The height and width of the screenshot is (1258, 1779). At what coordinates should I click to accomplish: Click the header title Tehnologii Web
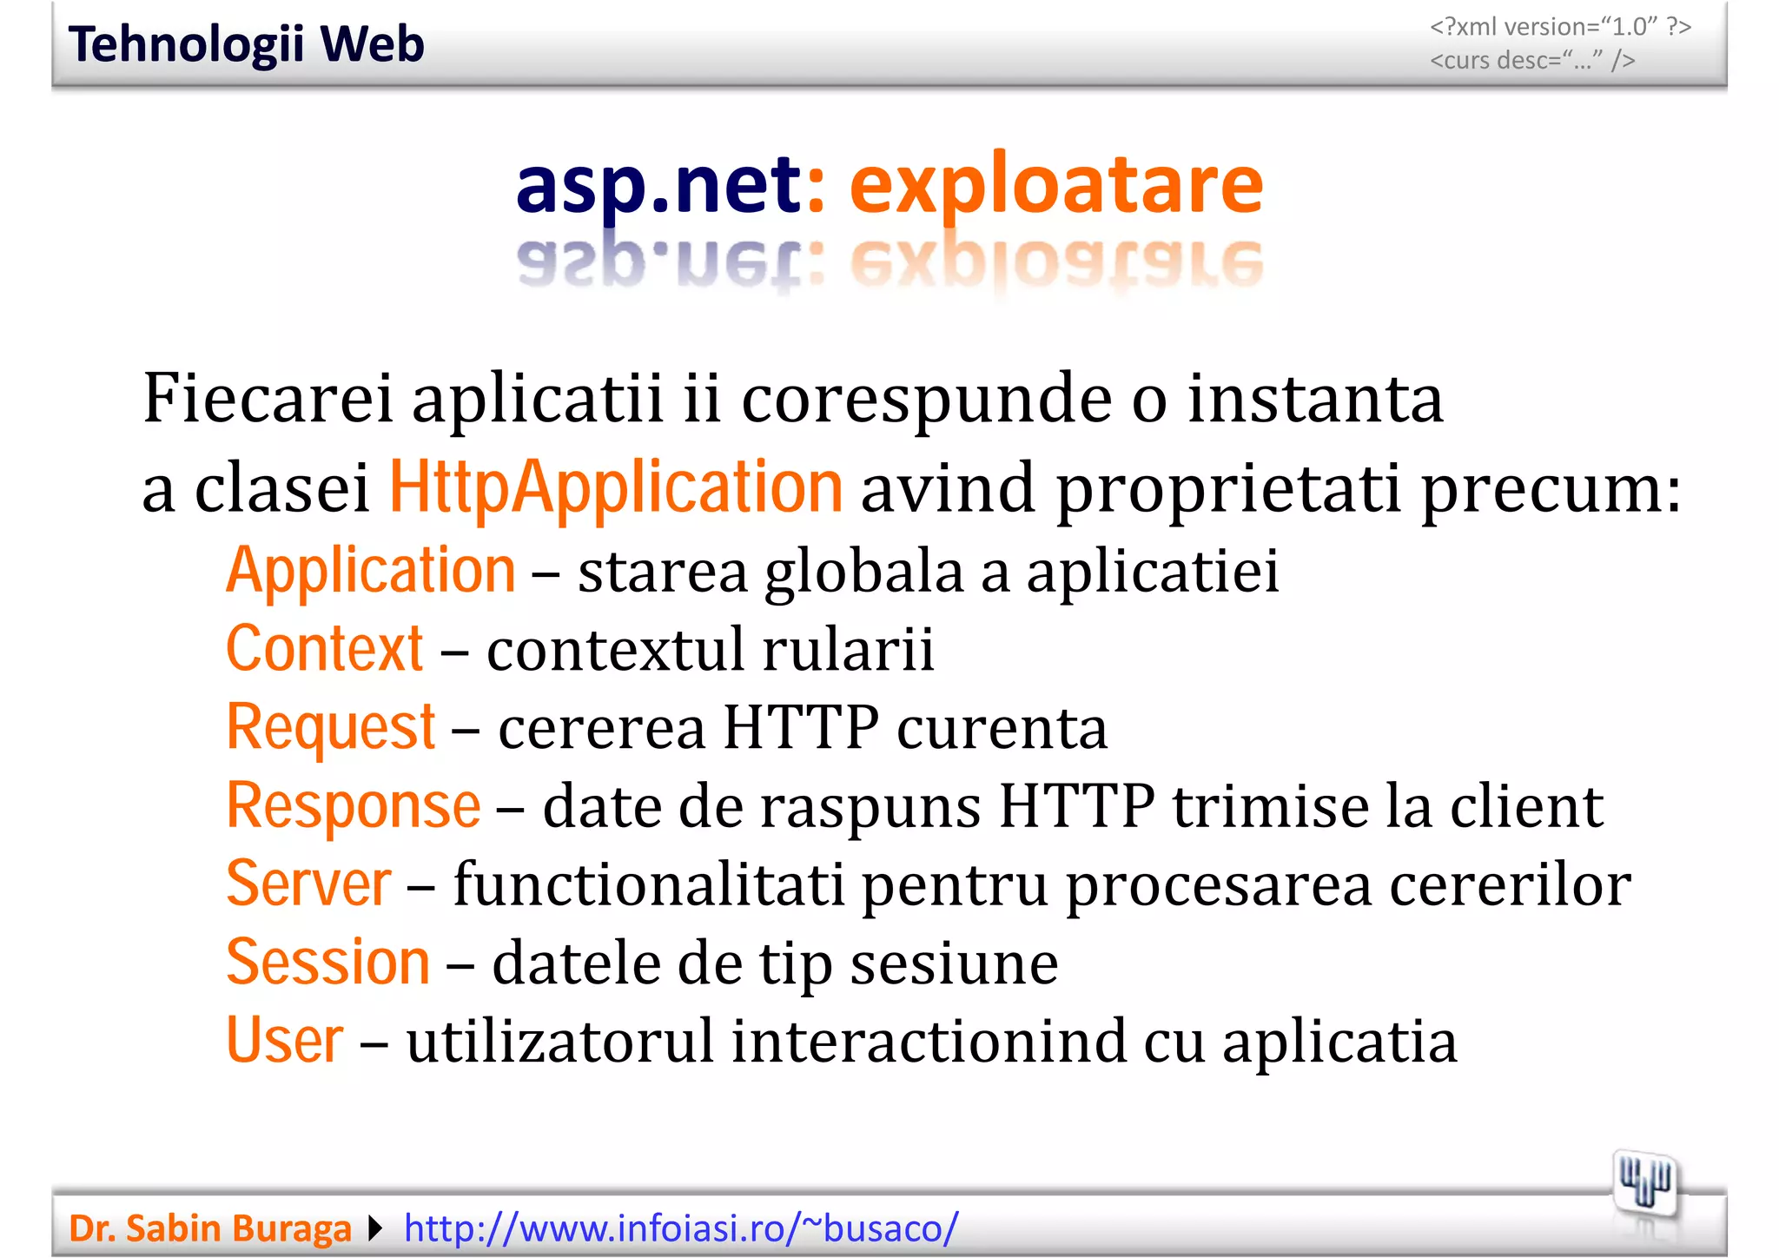(x=246, y=44)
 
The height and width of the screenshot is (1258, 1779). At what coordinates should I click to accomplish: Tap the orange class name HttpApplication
(x=615, y=487)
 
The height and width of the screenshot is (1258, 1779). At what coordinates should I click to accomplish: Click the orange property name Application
(x=371, y=571)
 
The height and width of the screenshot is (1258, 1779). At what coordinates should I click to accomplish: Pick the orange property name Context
(x=324, y=649)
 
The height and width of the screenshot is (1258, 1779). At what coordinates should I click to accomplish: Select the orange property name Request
(x=330, y=727)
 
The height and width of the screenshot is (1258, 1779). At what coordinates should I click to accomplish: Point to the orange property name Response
(x=353, y=805)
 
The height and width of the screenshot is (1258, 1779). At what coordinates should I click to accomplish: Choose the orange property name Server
(x=308, y=884)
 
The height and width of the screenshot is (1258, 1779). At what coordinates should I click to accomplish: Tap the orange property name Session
(x=327, y=962)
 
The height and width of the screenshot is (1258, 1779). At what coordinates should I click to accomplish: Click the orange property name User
(x=284, y=1040)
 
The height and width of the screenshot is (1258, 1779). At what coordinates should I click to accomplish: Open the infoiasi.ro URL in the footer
(x=681, y=1228)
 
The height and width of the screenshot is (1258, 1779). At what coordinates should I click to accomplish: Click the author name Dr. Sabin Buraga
(x=209, y=1228)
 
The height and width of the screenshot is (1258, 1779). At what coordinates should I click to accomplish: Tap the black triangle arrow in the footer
(x=375, y=1228)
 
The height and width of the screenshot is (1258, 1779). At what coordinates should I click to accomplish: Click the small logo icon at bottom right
(x=1644, y=1184)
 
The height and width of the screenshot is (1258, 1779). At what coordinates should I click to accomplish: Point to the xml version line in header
(x=1560, y=27)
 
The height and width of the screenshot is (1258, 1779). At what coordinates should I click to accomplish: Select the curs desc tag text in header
(x=1532, y=60)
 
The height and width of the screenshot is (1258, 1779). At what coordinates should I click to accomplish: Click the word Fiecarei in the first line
(x=268, y=398)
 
